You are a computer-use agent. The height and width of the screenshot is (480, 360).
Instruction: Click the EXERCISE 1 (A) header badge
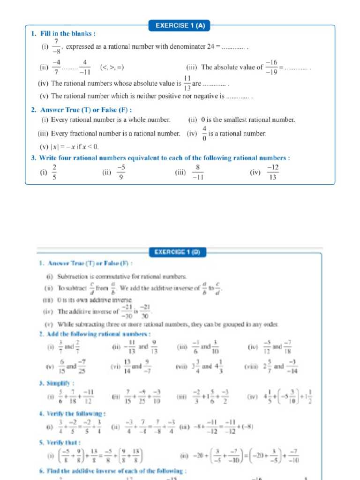pyautogui.click(x=180, y=26)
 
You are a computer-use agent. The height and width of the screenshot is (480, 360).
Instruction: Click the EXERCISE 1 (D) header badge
pyautogui.click(x=177, y=253)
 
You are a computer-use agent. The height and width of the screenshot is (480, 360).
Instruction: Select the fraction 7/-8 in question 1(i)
pyautogui.click(x=56, y=47)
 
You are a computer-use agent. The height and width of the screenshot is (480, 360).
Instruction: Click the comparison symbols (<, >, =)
pyautogui.click(x=112, y=67)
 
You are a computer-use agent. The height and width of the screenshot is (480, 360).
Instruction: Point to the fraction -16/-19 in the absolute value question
pyautogui.click(x=271, y=67)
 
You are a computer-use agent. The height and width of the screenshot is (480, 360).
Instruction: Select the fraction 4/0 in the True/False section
pyautogui.click(x=204, y=134)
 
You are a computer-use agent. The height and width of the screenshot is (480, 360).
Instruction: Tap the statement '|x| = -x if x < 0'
pyautogui.click(x=75, y=146)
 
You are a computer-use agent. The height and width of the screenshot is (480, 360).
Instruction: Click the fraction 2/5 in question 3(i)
pyautogui.click(x=55, y=172)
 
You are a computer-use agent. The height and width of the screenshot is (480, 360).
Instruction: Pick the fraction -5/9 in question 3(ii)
pyautogui.click(x=121, y=172)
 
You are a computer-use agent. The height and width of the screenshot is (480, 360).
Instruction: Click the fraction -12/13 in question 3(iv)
pyautogui.click(x=273, y=172)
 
